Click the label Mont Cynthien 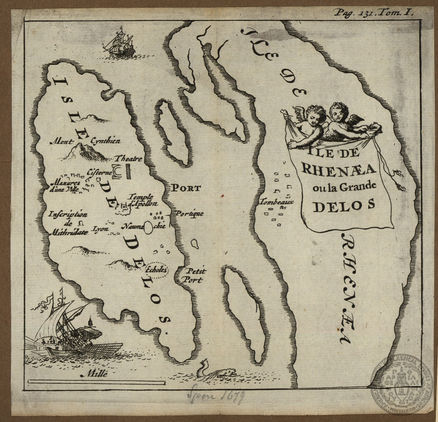point(85,142)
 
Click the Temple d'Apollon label point(142,200)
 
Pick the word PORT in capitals point(186,188)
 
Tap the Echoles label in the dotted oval point(157,270)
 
